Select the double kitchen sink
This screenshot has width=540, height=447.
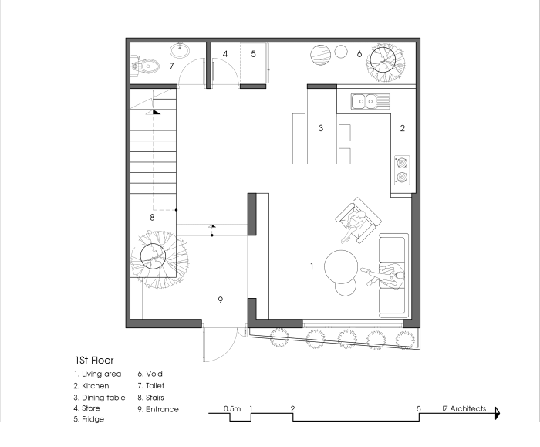click(x=370, y=100)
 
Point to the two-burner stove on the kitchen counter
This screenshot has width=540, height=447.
click(x=401, y=170)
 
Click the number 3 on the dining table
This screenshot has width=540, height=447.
click(x=321, y=128)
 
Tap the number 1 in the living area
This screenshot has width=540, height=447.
click(x=311, y=266)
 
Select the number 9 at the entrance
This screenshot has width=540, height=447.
click(x=221, y=300)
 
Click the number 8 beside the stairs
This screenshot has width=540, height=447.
click(x=152, y=218)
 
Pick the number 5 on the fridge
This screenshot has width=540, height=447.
click(x=253, y=54)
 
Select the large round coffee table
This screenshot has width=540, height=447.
click(x=340, y=268)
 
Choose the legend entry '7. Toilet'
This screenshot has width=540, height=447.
click(x=150, y=385)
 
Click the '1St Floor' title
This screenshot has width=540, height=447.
click(x=95, y=360)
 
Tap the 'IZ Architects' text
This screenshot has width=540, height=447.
click(x=464, y=409)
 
